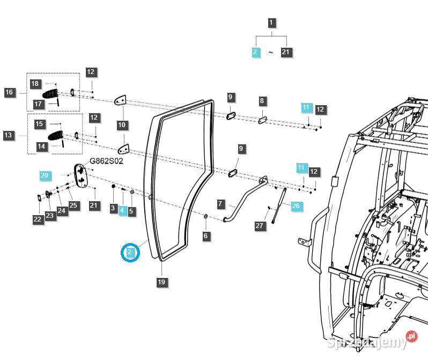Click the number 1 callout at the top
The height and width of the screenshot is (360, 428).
coord(272,23)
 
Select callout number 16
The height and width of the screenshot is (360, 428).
coord(9,92)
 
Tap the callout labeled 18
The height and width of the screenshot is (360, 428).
coord(35,84)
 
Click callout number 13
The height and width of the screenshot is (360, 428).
coord(8,135)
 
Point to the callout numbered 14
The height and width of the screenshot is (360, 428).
coord(41,146)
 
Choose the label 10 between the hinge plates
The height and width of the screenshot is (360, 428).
coord(122,125)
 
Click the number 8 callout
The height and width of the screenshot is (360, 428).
coord(262,101)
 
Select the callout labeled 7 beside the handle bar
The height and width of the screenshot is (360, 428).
coord(220,204)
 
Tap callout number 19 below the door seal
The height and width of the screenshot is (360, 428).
coord(161,282)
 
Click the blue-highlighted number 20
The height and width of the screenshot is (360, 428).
coord(44,175)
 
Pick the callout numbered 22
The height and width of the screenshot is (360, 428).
coord(37,219)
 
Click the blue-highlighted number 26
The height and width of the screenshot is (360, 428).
coord(296,205)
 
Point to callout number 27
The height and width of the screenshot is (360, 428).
coord(260,226)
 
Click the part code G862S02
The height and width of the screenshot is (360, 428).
coord(106,160)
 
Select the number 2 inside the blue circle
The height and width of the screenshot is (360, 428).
coord(130,252)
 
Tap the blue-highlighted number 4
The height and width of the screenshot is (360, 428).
coord(122,211)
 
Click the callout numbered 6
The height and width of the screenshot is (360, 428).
coord(206,236)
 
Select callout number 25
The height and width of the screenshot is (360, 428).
coord(73,205)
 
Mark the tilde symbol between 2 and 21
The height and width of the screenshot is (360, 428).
coord(271,53)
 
